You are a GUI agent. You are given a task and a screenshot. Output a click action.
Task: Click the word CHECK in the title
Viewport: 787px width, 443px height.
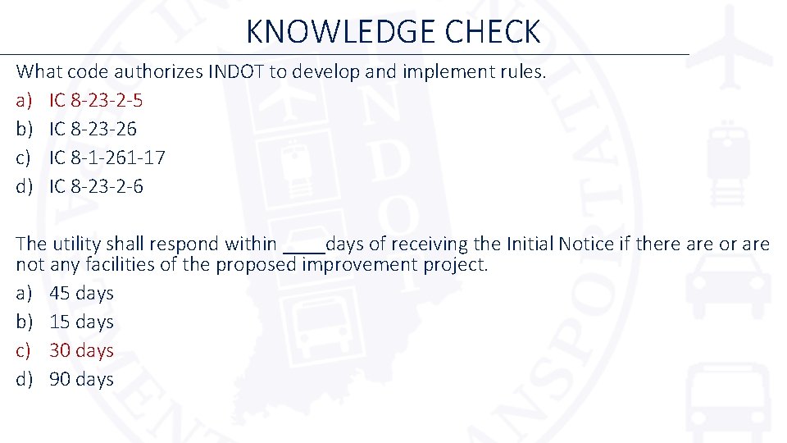(494, 32)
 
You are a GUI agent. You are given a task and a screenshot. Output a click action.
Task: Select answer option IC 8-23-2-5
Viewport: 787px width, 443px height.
(96, 100)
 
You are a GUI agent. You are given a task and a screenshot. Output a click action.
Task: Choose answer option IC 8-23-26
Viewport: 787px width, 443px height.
(93, 129)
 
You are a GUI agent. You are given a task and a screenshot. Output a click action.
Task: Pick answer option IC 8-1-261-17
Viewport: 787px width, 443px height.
(107, 158)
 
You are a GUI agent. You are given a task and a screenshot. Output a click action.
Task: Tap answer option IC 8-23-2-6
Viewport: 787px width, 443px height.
(96, 186)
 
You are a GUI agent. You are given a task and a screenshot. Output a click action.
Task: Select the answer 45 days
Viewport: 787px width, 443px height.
(81, 293)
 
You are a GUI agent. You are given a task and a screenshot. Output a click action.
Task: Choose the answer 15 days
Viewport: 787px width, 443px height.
(81, 322)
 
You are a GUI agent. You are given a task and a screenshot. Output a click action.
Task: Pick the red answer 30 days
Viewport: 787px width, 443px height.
(81, 350)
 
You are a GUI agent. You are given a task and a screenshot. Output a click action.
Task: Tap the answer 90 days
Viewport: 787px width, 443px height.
(81, 379)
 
